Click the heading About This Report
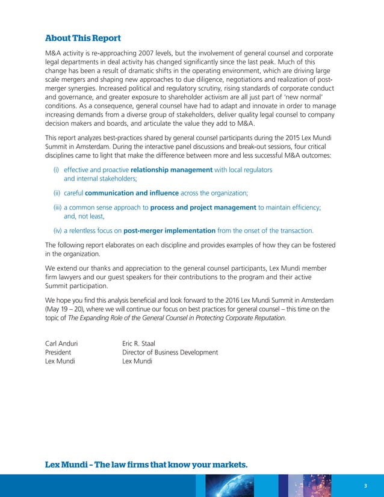click(83, 38)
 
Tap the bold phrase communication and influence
click(132, 193)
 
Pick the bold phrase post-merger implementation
click(169, 230)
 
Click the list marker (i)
click(57, 170)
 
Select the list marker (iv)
click(57, 230)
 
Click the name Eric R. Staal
click(138, 344)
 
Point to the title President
click(58, 352)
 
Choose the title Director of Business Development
click(170, 352)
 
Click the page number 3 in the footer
click(365, 486)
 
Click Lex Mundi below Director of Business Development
click(137, 361)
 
